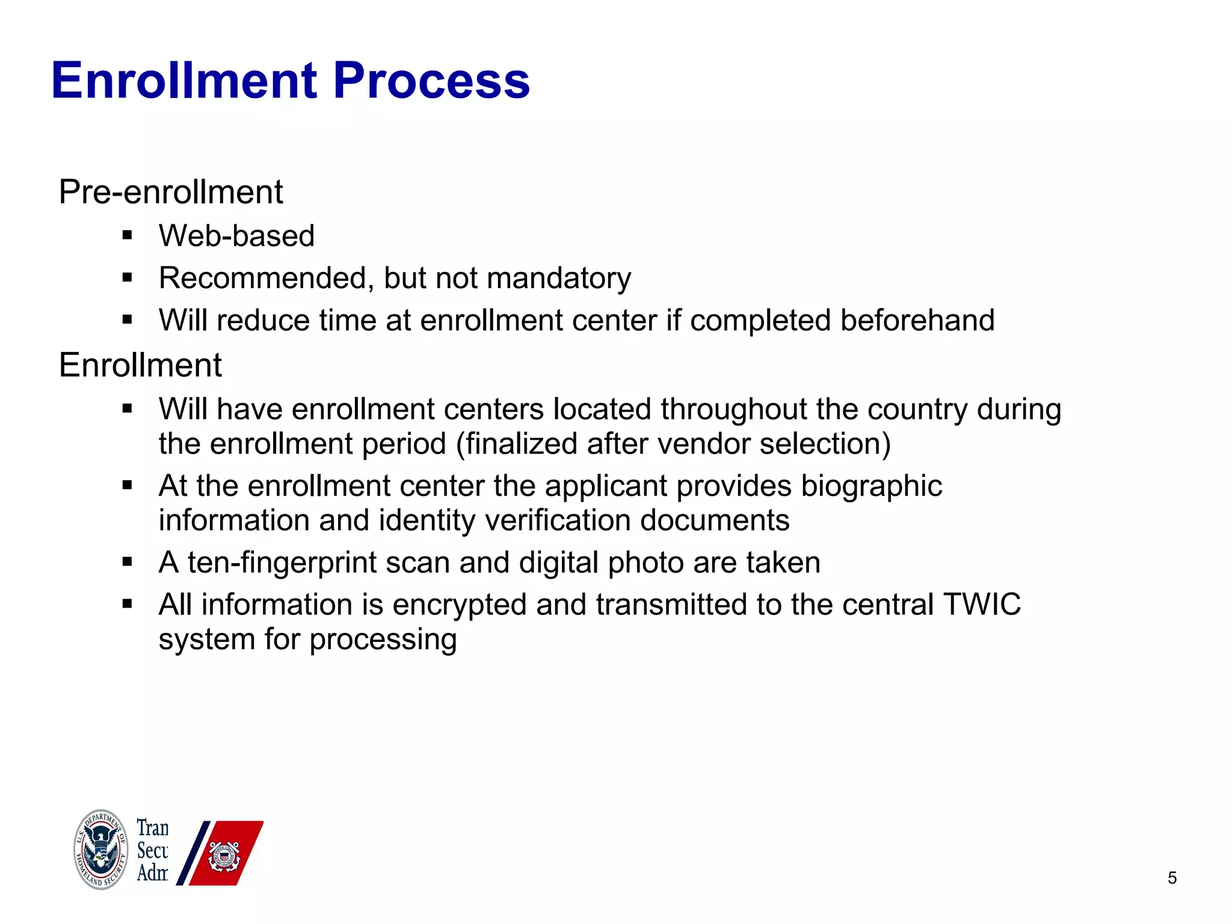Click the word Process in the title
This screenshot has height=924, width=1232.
pyautogui.click(x=431, y=81)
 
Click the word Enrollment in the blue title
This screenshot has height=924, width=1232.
pyautogui.click(x=184, y=81)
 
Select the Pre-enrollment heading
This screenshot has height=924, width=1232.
pyautogui.click(x=170, y=192)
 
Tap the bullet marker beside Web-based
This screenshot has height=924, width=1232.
pyautogui.click(x=127, y=235)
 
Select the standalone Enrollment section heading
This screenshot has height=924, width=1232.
pyautogui.click(x=140, y=365)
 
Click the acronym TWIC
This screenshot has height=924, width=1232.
pyautogui.click(x=982, y=605)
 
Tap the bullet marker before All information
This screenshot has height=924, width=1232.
pyautogui.click(x=127, y=605)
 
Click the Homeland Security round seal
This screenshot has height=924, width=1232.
pyautogui.click(x=101, y=849)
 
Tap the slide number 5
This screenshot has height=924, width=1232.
pyautogui.click(x=1172, y=878)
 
